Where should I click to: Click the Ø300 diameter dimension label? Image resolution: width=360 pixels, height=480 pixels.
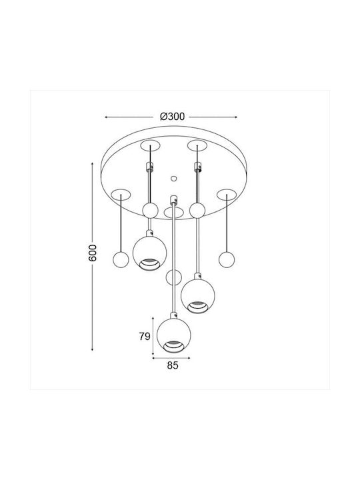(173, 117)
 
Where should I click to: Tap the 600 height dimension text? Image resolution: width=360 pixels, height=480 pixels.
(92, 253)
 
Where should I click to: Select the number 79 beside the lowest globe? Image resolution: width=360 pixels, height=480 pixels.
(145, 337)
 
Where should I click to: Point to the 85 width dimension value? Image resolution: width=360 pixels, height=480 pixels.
(173, 365)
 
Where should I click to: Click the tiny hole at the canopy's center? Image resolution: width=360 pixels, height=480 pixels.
(173, 178)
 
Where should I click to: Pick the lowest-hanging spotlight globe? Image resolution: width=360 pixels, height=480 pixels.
(173, 335)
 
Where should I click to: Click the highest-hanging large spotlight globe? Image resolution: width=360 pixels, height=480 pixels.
(150, 253)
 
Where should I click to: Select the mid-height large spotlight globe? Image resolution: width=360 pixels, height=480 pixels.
(198, 296)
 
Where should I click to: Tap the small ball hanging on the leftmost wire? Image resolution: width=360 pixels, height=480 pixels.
(121, 260)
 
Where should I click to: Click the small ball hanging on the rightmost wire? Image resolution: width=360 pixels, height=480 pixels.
(227, 259)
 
